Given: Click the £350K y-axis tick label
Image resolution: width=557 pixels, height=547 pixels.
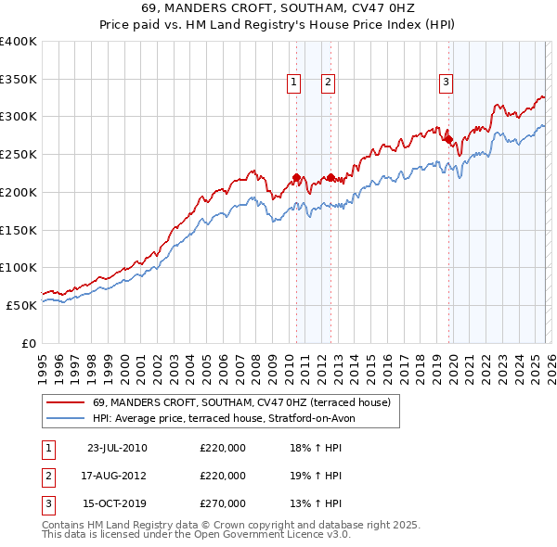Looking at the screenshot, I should pos(19,79).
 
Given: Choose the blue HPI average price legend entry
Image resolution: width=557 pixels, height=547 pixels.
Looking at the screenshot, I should pos(223,418).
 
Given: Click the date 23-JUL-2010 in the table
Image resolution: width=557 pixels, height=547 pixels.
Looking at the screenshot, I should pos(116,448).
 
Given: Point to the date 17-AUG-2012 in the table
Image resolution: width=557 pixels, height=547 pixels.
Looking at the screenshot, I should pos(116,476).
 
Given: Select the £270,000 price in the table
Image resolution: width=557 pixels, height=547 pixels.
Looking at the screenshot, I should pos(223,503).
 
